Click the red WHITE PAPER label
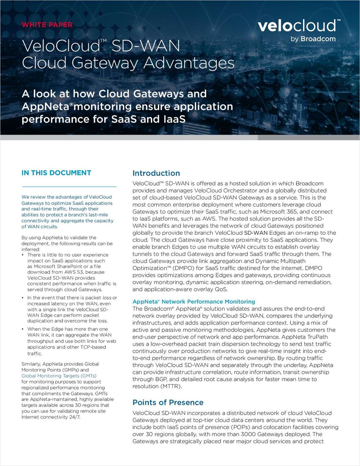click(47, 25)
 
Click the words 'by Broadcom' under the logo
click(313, 39)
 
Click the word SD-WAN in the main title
click(145, 46)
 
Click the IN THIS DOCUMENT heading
click(56, 173)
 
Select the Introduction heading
click(156, 173)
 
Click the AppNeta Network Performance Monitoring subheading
click(194, 301)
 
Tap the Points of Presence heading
click(168, 402)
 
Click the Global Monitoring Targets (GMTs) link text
click(59, 376)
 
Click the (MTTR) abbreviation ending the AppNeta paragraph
click(172, 386)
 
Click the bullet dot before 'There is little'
click(23, 255)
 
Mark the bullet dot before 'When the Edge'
click(23, 329)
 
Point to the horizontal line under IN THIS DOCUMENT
click(69, 187)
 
